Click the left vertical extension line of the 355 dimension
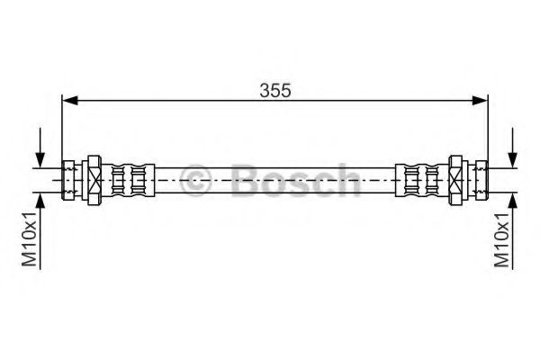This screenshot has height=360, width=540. click(61, 126)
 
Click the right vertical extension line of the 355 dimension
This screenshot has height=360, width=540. click(488, 126)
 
